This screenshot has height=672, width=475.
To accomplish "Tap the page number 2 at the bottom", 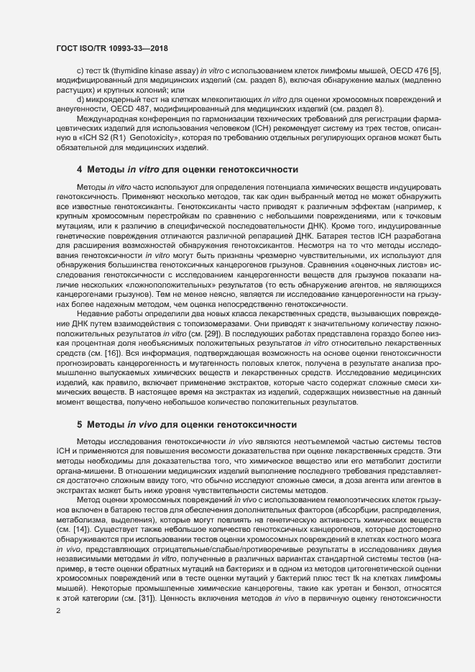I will tap(58, 611).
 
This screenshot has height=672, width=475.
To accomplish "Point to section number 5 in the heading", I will tap(80, 424).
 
